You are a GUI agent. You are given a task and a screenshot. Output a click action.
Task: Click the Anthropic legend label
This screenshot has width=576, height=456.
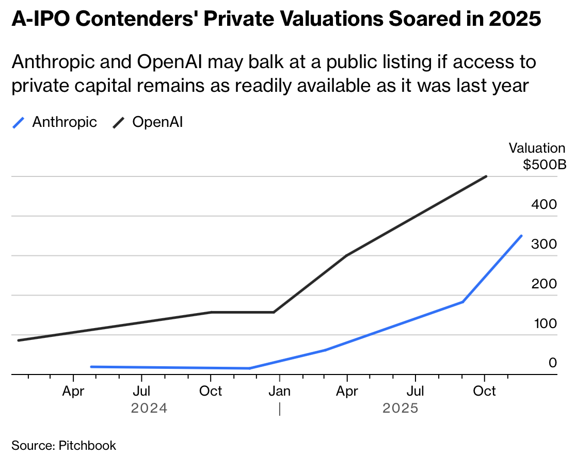(65, 122)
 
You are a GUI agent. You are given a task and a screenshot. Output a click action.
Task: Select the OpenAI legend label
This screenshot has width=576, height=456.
(158, 122)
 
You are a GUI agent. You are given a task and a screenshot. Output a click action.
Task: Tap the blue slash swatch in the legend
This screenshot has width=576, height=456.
(19, 123)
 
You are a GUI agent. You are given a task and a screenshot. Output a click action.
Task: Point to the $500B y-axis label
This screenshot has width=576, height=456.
(544, 165)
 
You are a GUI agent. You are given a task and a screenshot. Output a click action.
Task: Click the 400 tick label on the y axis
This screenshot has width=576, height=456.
(544, 204)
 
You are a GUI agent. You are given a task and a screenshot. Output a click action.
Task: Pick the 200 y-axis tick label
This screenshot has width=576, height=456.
(544, 284)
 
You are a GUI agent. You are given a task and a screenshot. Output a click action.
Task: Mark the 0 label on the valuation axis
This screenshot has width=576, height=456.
(553, 363)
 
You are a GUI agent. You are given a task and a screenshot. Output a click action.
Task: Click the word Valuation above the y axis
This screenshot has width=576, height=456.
(537, 149)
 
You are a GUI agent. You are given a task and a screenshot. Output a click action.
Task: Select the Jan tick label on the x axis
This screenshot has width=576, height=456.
(279, 391)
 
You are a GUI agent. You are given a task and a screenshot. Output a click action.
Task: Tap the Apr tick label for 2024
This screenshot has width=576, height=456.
(73, 391)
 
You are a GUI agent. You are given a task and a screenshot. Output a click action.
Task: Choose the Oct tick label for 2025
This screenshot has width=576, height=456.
(485, 391)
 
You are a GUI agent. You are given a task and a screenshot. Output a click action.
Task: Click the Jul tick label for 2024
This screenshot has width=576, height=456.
(141, 391)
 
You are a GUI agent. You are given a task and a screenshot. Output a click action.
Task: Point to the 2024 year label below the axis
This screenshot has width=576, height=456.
(149, 409)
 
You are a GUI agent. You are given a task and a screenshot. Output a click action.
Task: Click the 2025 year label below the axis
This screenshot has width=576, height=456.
(401, 409)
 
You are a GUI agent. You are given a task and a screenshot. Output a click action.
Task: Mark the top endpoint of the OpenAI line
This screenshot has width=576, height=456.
(486, 176)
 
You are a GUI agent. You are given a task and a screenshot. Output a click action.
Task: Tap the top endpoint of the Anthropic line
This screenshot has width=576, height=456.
(521, 236)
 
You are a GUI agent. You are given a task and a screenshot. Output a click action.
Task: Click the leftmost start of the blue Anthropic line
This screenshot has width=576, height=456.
(91, 367)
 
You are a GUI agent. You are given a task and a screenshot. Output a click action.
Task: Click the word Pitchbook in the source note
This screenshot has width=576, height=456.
(87, 445)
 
